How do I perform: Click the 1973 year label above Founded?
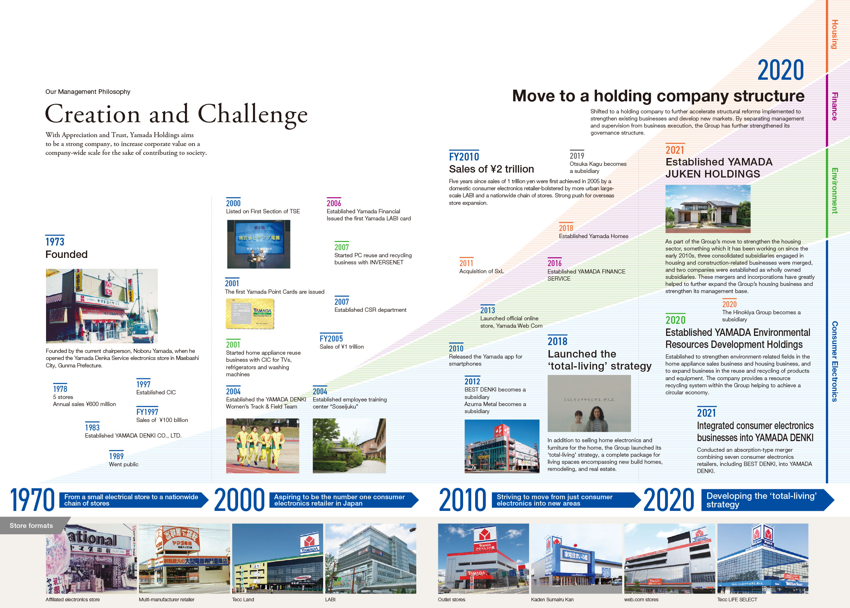55,242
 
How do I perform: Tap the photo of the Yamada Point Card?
250,314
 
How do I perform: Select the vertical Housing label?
834,34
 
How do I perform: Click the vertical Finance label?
834,106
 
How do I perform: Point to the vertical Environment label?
834,191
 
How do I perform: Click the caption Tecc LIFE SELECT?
737,599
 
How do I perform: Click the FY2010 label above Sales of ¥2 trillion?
464,157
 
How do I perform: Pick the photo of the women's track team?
263,445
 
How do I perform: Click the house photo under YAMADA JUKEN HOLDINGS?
708,209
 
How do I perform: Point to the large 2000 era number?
239,500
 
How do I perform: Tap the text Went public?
124,464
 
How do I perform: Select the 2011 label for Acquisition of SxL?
466,263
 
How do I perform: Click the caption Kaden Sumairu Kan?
552,599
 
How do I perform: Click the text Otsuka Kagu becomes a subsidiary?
598,167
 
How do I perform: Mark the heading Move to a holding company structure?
658,96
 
